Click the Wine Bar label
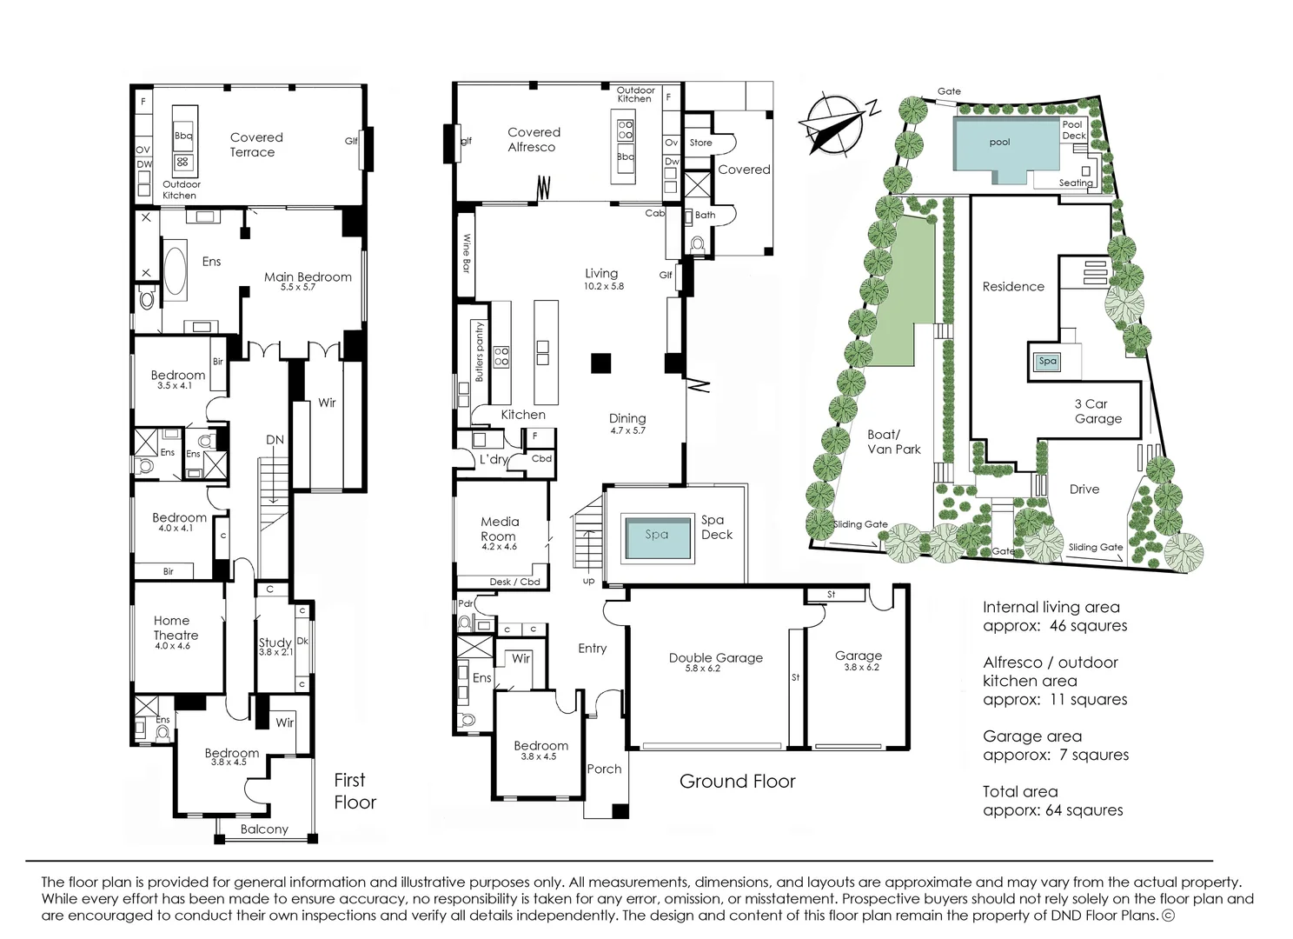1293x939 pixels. pyautogui.click(x=466, y=253)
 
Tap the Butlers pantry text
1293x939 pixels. pyautogui.click(x=479, y=352)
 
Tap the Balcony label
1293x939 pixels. pyautogui.click(x=264, y=829)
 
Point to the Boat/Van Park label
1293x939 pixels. pyautogui.click(x=893, y=442)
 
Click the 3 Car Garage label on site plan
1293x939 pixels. pyautogui.click(x=1097, y=411)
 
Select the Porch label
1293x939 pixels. pyautogui.click(x=604, y=769)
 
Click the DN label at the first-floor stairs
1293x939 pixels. pyautogui.click(x=275, y=440)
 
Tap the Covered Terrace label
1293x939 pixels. pyautogui.click(x=255, y=145)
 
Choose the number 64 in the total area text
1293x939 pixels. pyautogui.click(x=1053, y=810)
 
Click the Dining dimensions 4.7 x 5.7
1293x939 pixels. pyautogui.click(x=627, y=430)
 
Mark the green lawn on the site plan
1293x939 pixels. pyautogui.click(x=902, y=291)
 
